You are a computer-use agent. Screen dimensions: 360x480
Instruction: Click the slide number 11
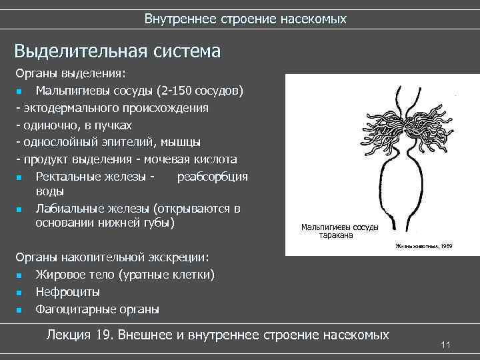pos(446,345)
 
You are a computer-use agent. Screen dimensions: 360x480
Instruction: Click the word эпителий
pos(141,142)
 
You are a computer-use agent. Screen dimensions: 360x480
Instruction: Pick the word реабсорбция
pos(212,177)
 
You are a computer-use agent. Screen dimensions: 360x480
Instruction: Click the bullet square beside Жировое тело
pos(20,275)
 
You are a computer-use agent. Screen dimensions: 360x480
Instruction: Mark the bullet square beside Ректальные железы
pos(20,177)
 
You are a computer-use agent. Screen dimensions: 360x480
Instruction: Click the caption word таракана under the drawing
pos(339,235)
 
